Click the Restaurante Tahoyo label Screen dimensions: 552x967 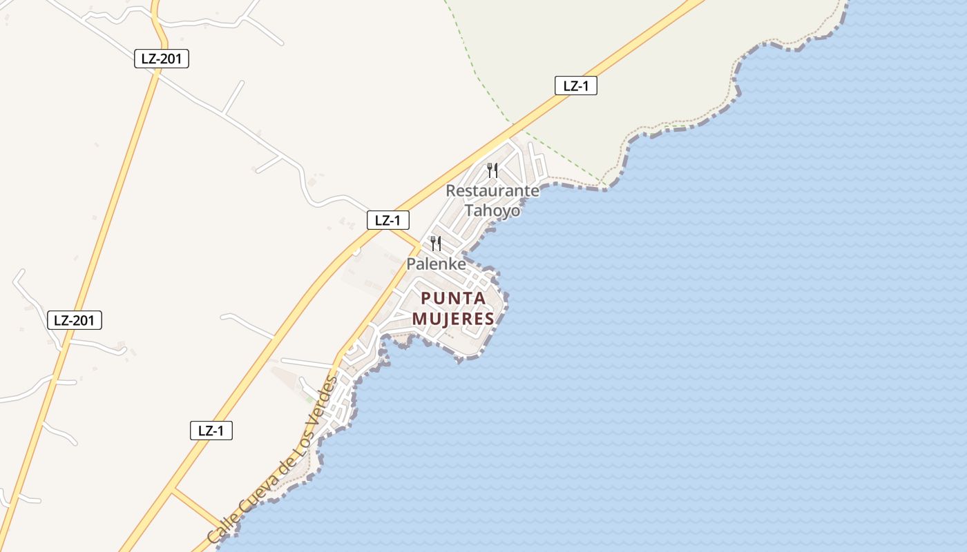[x=492, y=200]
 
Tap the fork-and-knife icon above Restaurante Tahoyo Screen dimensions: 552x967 [x=492, y=170]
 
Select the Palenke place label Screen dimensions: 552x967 [x=436, y=264]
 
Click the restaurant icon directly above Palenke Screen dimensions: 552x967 [x=435, y=243]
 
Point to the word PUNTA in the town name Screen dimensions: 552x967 [x=453, y=299]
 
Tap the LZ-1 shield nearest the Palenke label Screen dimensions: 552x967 [x=387, y=220]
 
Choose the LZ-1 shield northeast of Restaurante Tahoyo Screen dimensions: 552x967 [x=575, y=86]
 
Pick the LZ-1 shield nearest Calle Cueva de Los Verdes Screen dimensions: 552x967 [x=211, y=431]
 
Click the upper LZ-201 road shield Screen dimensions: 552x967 [x=161, y=59]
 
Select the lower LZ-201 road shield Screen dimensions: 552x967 [x=74, y=320]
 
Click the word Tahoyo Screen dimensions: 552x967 [x=492, y=210]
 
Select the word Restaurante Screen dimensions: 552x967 [x=492, y=190]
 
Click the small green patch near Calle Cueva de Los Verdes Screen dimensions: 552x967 [x=309, y=398]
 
